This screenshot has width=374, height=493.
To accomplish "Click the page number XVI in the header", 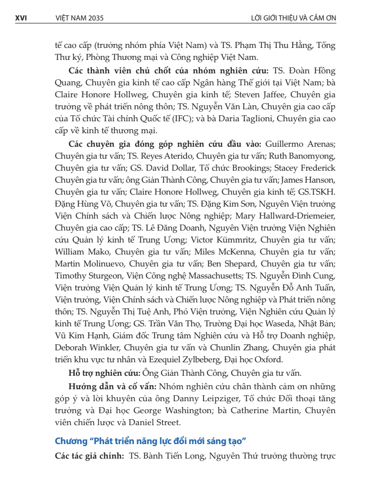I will coord(20,18).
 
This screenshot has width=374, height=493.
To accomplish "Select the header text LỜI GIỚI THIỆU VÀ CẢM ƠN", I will coord(294,18).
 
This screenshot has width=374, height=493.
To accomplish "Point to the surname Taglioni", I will coord(295,119).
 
